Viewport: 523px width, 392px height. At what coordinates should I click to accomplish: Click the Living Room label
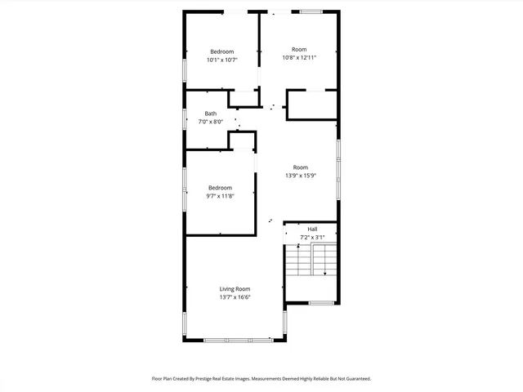[x=235, y=289]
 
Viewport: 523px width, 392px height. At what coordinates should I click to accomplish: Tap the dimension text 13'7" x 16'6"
[x=235, y=298]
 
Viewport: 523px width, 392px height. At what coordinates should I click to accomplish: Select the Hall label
[x=312, y=229]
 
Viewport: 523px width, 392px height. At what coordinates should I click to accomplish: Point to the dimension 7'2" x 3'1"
[x=312, y=238]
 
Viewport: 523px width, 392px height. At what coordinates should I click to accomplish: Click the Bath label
[x=211, y=114]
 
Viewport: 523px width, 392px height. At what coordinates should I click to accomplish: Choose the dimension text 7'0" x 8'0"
[x=211, y=122]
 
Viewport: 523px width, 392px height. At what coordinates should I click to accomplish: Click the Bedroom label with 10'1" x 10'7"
[x=221, y=51]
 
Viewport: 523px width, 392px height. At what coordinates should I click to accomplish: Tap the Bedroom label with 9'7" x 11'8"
[x=219, y=188]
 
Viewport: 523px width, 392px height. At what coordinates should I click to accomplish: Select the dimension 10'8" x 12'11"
[x=299, y=58]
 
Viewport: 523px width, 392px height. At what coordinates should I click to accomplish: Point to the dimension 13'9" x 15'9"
[x=301, y=176]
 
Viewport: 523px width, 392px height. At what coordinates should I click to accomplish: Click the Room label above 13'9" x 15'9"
[x=301, y=167]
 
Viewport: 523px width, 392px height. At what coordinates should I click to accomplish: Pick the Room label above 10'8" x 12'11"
[x=299, y=49]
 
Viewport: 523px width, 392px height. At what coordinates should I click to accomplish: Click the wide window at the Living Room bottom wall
[x=239, y=339]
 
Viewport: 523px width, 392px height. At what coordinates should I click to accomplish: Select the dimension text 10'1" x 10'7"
[x=221, y=60]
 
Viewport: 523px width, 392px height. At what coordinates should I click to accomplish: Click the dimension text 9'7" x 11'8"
[x=219, y=197]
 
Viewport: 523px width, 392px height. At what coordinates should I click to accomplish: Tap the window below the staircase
[x=321, y=303]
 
